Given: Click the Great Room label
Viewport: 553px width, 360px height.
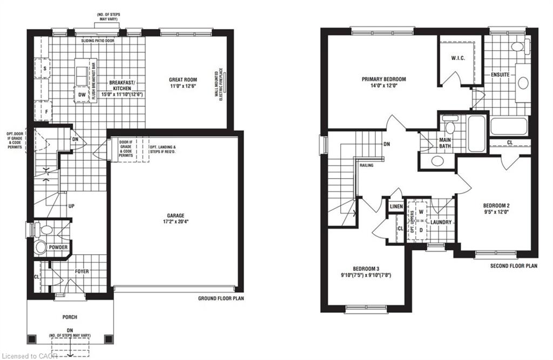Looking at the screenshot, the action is pyautogui.click(x=183, y=80).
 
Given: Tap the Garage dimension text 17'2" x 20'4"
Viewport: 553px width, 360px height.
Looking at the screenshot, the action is pyautogui.click(x=176, y=222).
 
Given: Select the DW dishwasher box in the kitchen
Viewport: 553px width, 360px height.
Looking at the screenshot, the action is pyautogui.click(x=82, y=94).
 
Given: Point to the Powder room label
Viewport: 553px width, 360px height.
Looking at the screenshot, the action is pyautogui.click(x=58, y=247).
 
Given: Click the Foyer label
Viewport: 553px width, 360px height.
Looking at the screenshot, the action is pyautogui.click(x=82, y=271).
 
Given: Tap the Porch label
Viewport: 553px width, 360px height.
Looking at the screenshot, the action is pyautogui.click(x=70, y=317).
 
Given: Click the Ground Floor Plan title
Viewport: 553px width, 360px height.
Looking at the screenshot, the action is pyautogui.click(x=221, y=298).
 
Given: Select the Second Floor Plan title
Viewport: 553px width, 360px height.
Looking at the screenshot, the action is pyautogui.click(x=514, y=266).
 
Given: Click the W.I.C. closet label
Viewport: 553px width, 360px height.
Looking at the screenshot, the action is pyautogui.click(x=458, y=58).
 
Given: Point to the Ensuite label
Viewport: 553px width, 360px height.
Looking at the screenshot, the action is pyautogui.click(x=501, y=74).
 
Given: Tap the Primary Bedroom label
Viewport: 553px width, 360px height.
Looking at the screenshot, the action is pyautogui.click(x=384, y=79).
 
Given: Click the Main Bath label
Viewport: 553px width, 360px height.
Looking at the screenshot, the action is pyautogui.click(x=445, y=143).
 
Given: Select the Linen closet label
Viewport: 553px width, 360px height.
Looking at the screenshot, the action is pyautogui.click(x=396, y=206).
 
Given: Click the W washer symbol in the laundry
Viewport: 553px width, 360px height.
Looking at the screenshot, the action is pyautogui.click(x=421, y=212).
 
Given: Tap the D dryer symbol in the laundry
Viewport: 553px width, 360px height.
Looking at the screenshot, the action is pyautogui.click(x=421, y=230).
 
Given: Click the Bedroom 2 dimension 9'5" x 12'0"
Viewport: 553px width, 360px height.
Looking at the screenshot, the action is pyautogui.click(x=496, y=212).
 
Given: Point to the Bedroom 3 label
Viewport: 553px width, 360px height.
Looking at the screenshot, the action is pyautogui.click(x=366, y=268).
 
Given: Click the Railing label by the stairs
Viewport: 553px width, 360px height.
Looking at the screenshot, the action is pyautogui.click(x=367, y=165).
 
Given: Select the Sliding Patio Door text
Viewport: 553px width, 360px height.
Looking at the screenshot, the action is pyautogui.click(x=98, y=41).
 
